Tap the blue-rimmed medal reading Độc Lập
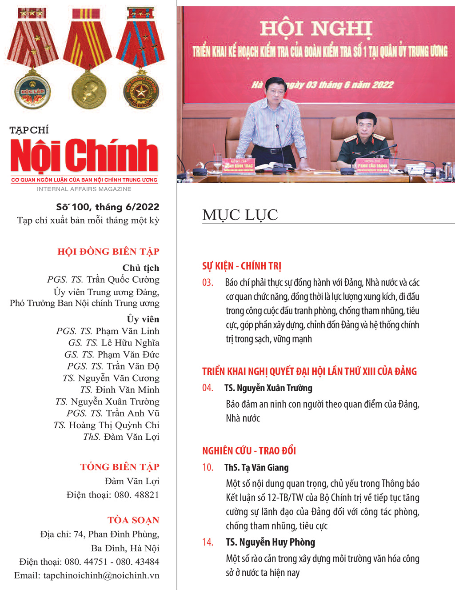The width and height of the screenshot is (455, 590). click(32, 92)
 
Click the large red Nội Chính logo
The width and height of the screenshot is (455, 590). click(84, 155)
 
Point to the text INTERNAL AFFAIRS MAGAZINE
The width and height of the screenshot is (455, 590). click(84, 189)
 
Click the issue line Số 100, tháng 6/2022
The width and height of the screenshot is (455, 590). click(108, 207)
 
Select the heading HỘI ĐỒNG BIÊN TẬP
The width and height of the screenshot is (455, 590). click(108, 252)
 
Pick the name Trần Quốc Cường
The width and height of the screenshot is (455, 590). click(123, 280)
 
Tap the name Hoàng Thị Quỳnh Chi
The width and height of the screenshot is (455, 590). click(114, 425)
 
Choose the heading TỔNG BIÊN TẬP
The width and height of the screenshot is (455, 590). click(120, 467)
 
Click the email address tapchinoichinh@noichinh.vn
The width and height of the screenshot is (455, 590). click(101, 575)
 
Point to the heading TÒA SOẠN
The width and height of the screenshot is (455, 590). click(133, 520)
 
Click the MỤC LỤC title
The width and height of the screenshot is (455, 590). click(240, 215)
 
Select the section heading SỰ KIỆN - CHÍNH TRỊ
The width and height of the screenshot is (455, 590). click(242, 266)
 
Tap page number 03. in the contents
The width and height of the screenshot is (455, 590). click(208, 283)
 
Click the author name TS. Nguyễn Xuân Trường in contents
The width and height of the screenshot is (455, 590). click(268, 388)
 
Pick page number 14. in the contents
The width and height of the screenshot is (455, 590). click(208, 542)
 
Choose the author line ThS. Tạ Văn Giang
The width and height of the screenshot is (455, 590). click(256, 468)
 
